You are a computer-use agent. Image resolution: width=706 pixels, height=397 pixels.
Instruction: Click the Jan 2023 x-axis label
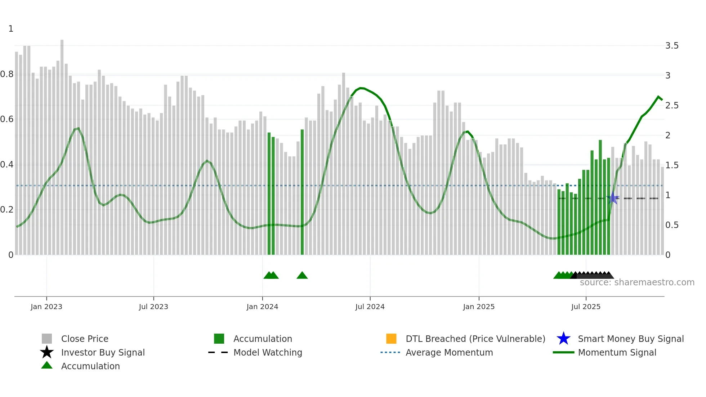pyautogui.click(x=46, y=307)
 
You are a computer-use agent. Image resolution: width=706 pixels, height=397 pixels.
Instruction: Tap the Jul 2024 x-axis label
pyautogui.click(x=370, y=307)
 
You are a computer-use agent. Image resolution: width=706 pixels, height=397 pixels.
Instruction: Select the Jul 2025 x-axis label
pyautogui.click(x=586, y=307)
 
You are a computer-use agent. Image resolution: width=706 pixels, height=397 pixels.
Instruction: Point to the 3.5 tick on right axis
pyautogui.click(x=672, y=46)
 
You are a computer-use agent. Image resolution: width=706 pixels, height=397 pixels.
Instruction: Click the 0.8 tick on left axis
pyautogui.click(x=7, y=74)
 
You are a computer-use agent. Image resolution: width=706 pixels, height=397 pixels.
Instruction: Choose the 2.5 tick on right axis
pyautogui.click(x=672, y=106)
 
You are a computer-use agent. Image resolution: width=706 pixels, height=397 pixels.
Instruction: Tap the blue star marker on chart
pyautogui.click(x=613, y=198)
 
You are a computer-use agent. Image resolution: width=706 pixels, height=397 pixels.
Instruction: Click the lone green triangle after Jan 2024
pyautogui.click(x=302, y=276)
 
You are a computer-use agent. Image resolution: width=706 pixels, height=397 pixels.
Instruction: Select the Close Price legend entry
pyautogui.click(x=85, y=339)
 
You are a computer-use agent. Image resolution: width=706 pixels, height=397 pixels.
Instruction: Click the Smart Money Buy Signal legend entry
pyautogui.click(x=630, y=339)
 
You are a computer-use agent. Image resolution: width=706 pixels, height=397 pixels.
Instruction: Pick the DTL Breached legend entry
pyautogui.click(x=475, y=339)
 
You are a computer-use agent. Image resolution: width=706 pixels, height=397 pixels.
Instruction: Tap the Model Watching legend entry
pyautogui.click(x=268, y=352)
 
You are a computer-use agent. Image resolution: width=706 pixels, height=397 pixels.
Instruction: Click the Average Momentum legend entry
pyautogui.click(x=449, y=352)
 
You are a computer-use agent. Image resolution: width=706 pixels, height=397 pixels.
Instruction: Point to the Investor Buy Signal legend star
pyautogui.click(x=47, y=352)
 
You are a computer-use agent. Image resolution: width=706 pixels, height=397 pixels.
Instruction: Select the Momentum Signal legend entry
pyautogui.click(x=617, y=352)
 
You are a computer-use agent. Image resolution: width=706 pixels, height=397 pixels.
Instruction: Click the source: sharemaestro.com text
pyautogui.click(x=637, y=282)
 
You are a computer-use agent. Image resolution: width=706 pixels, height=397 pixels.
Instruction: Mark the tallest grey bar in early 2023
pyautogui.click(x=62, y=144)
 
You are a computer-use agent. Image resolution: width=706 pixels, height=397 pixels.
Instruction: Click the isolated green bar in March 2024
pyautogui.click(x=302, y=191)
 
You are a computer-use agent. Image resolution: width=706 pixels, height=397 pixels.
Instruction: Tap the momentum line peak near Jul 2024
pyautogui.click(x=361, y=88)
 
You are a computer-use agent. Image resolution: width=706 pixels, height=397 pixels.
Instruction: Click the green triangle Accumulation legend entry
pyautogui.click(x=90, y=366)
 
